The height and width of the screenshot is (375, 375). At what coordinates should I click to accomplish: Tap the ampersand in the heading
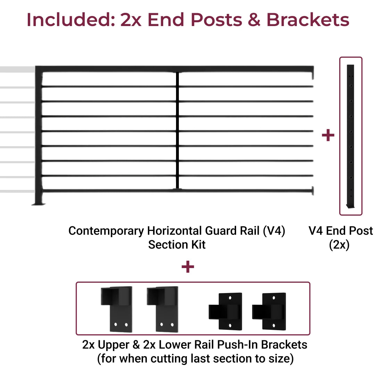tap(254, 19)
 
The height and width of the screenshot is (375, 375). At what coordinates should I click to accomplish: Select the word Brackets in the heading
tap(308, 19)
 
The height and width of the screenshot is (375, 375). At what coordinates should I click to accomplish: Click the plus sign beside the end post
tap(328, 135)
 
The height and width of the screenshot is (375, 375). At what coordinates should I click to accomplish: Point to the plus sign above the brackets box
tap(188, 267)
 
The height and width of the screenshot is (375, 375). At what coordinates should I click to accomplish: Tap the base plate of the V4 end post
tap(351, 206)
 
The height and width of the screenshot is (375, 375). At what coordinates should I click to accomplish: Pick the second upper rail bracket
tap(163, 309)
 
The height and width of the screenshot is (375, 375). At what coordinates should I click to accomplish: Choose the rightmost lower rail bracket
tap(269, 311)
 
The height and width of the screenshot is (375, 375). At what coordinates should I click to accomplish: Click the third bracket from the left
tap(226, 311)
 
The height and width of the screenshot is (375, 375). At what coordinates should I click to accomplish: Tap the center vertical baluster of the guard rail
tap(177, 130)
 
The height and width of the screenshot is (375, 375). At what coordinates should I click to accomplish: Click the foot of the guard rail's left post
tap(39, 204)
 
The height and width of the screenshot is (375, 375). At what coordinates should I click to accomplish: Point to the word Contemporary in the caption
tap(106, 231)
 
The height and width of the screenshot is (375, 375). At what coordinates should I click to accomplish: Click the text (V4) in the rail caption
tap(274, 231)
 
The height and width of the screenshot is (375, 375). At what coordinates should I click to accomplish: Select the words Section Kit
tap(177, 245)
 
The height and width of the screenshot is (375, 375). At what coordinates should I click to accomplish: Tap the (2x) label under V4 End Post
tap(339, 245)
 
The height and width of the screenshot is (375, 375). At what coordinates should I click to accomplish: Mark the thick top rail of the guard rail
tap(174, 69)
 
